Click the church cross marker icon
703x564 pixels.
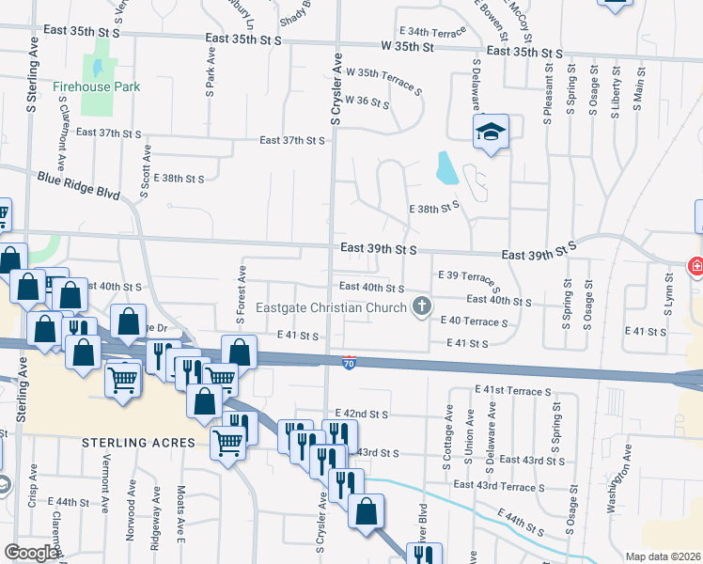click(x=423, y=306)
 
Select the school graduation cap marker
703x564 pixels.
click(x=490, y=133)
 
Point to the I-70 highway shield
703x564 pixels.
click(x=349, y=361)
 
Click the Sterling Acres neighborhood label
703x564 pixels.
click(x=138, y=443)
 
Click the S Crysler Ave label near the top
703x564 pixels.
click(x=336, y=89)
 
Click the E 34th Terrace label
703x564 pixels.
click(x=432, y=32)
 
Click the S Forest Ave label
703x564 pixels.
click(x=241, y=290)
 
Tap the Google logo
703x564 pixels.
click(x=31, y=553)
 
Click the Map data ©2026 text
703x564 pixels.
click(x=662, y=556)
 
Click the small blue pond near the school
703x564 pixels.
click(x=446, y=168)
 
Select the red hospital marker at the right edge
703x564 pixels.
click(x=696, y=267)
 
